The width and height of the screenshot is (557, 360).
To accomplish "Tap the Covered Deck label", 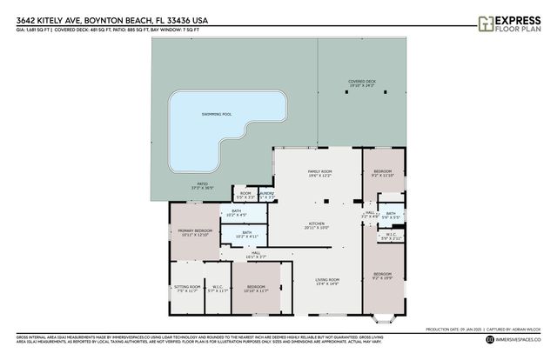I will click(361, 83).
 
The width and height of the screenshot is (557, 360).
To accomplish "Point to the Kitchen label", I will click(315, 224).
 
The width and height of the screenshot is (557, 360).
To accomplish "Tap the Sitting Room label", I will click(189, 288).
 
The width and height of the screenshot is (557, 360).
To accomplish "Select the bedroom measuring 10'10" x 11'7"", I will click(255, 288).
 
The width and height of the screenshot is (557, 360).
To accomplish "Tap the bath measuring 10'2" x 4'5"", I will click(236, 212).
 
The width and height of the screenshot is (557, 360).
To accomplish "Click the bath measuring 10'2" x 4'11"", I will click(246, 233).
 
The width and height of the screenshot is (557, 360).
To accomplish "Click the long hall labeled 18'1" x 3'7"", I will click(256, 255).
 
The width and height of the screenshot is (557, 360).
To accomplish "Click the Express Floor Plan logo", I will click(513, 23).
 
